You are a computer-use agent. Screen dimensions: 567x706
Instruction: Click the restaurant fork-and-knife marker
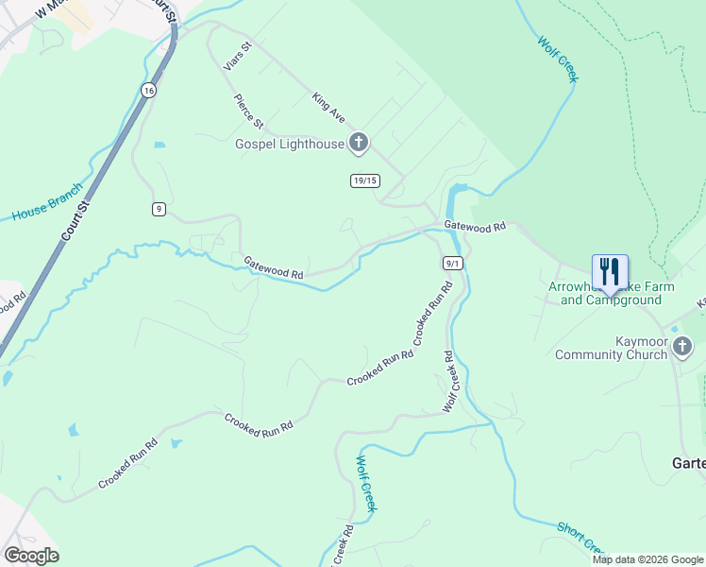pos(610,272)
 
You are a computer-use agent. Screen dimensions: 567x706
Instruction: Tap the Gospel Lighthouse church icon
pos(358,144)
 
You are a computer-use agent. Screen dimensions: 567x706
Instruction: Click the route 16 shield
pos(148,90)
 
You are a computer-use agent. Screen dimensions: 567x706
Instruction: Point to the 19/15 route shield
pos(364,180)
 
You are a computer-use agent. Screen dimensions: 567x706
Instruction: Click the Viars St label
pos(237,56)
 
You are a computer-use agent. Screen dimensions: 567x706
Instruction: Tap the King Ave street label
pos(328,107)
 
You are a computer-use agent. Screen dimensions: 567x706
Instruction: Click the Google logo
pos(31,556)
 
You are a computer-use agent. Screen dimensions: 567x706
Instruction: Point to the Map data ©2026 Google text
pos(647,559)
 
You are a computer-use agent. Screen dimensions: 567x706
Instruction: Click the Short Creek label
pos(580,539)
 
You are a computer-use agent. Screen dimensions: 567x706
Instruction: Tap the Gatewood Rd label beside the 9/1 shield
pos(476,227)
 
